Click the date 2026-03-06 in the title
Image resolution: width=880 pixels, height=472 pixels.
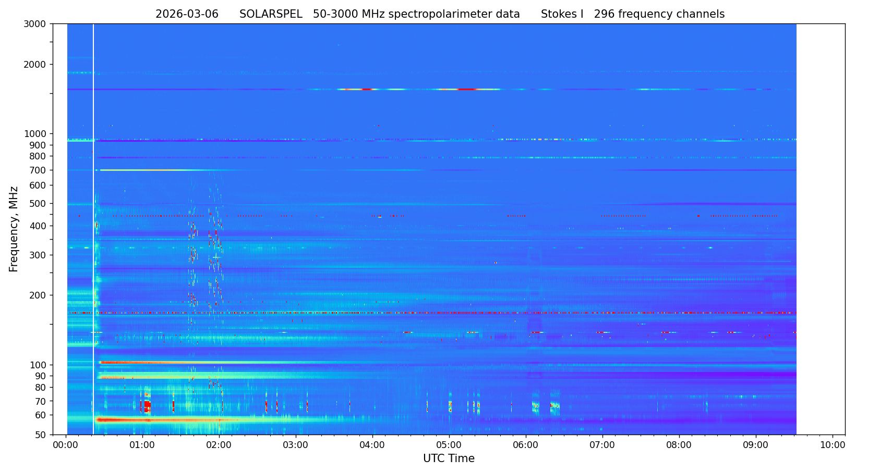pyautogui.click(x=187, y=14)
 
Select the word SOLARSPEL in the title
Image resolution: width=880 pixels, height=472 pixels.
pyautogui.click(x=271, y=14)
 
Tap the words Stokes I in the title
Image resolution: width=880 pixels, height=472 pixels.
pyautogui.click(x=562, y=14)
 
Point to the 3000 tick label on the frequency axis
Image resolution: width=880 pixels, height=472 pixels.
pyautogui.click(x=38, y=24)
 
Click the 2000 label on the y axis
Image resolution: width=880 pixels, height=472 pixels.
pyautogui.click(x=38, y=65)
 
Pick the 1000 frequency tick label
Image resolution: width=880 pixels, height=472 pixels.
pyautogui.click(x=38, y=134)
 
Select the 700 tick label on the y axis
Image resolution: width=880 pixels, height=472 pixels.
pyautogui.click(x=40, y=170)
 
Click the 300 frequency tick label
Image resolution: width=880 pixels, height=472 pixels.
pyautogui.click(x=40, y=255)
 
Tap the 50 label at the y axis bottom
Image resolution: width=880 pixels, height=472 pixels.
pyautogui.click(x=42, y=435)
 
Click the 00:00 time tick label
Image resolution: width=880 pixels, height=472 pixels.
pyautogui.click(x=66, y=445)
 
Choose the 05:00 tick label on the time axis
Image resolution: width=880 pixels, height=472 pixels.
pyautogui.click(x=449, y=445)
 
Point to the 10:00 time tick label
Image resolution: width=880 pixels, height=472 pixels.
pyautogui.click(x=833, y=445)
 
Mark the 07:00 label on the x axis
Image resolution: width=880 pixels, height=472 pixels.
pyautogui.click(x=602, y=445)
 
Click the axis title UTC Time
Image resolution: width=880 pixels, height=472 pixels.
pyautogui.click(x=449, y=458)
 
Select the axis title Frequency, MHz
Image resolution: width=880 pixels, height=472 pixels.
pyautogui.click(x=14, y=229)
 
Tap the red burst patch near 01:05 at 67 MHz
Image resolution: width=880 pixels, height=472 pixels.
pyautogui.click(x=147, y=405)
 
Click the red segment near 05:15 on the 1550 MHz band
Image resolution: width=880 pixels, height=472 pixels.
pyautogui.click(x=466, y=90)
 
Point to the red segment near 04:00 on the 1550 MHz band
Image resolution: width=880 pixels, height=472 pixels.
pyautogui.click(x=367, y=90)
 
